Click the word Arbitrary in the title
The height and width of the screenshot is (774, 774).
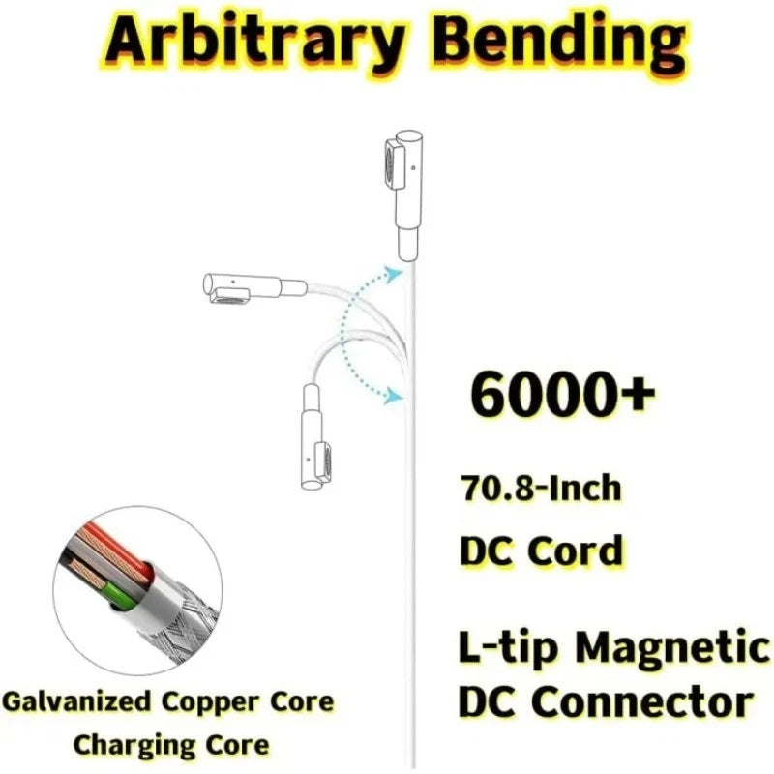pyautogui.click(x=254, y=42)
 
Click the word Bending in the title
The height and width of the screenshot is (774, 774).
pyautogui.click(x=561, y=42)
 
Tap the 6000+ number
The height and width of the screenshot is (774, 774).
pyautogui.click(x=563, y=396)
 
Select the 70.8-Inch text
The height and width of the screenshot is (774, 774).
pyautogui.click(x=541, y=488)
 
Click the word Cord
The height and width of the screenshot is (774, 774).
pyautogui.click(x=576, y=551)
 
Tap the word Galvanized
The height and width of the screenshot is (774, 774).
pyautogui.click(x=76, y=701)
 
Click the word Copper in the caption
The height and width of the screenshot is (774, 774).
pyautogui.click(x=211, y=703)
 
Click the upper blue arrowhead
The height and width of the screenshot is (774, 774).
pyautogui.click(x=393, y=274)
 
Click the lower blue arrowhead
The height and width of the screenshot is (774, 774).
pyautogui.click(x=394, y=396)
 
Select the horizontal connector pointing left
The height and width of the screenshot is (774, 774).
pyautogui.click(x=255, y=286)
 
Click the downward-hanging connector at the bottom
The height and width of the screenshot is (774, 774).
pyautogui.click(x=313, y=437)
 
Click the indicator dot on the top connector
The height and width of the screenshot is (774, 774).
pyautogui.click(x=413, y=167)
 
